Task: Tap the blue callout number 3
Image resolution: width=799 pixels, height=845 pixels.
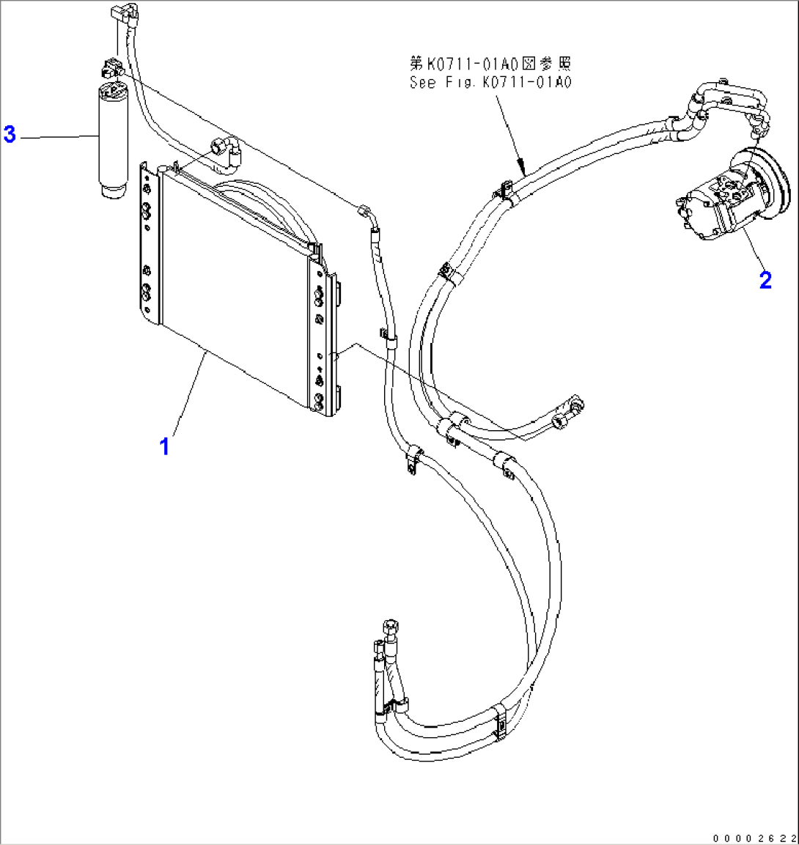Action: click(x=10, y=134)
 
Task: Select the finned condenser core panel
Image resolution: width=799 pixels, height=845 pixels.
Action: click(x=231, y=286)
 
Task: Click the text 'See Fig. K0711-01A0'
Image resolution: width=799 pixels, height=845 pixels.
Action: click(x=490, y=82)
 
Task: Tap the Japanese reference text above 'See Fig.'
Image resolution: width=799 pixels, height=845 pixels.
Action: click(x=490, y=64)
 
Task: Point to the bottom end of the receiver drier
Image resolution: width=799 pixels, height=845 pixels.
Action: click(x=114, y=192)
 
